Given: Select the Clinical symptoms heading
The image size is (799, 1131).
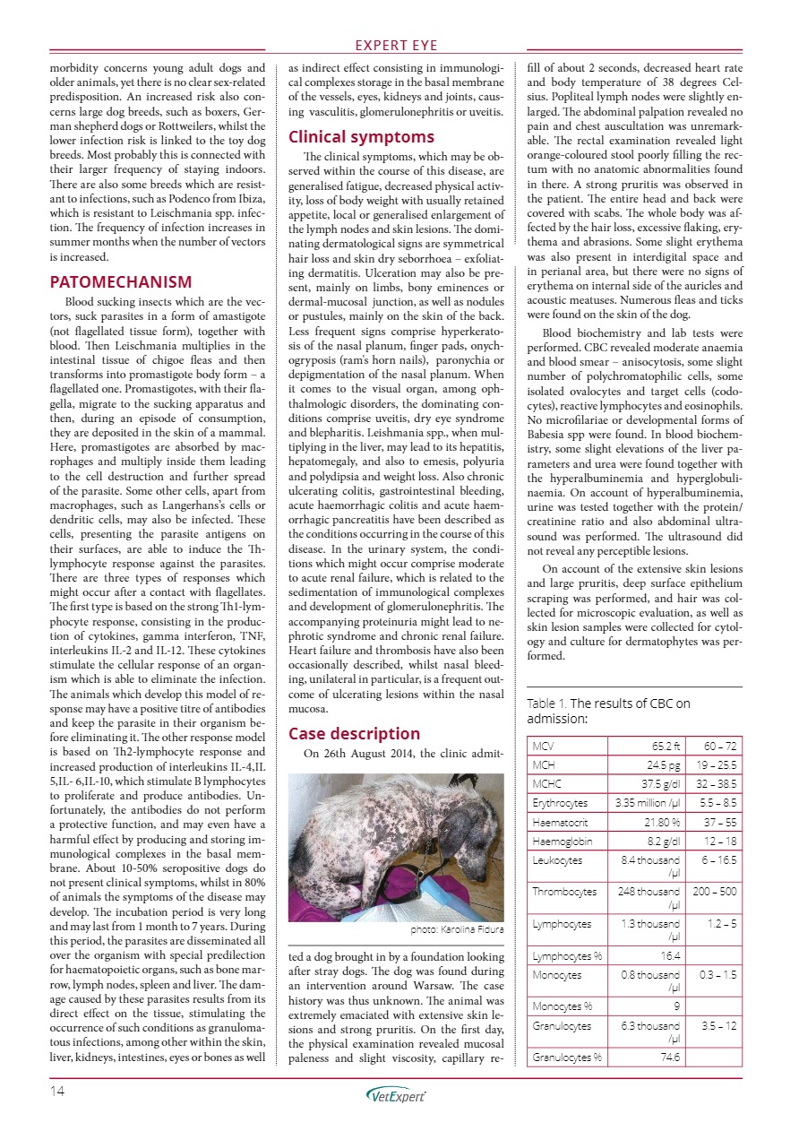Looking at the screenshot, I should [361, 137].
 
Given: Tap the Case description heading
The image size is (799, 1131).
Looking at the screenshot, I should [354, 733].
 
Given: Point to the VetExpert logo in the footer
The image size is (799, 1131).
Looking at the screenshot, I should [397, 1094].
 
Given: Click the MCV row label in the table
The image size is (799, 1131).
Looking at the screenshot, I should [544, 746].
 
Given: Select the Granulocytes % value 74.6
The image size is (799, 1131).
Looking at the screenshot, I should [668, 1058].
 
